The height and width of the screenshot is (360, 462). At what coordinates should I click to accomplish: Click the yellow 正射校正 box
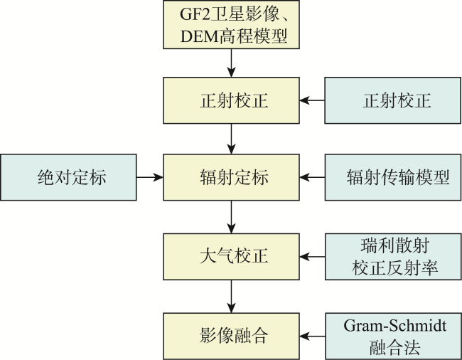point(231,100)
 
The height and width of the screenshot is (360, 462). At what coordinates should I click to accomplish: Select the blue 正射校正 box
point(393,100)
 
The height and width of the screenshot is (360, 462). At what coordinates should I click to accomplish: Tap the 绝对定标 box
point(68,177)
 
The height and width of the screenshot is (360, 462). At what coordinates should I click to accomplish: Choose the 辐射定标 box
point(231,177)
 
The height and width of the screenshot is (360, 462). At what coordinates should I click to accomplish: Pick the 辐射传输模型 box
point(393,177)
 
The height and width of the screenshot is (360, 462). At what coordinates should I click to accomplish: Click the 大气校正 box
point(231,257)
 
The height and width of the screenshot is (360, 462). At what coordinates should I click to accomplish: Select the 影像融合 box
point(231,336)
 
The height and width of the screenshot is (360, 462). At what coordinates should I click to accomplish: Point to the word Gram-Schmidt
point(394,326)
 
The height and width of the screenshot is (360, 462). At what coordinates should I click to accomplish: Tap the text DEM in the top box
point(200,36)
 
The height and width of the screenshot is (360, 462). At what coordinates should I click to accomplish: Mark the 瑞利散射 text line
point(394,245)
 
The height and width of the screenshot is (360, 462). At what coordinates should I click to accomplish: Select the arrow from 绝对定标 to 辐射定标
point(150,177)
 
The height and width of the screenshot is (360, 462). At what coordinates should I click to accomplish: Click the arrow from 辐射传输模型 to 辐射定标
point(312,177)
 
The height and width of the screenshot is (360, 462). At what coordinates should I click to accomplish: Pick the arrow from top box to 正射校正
point(231,63)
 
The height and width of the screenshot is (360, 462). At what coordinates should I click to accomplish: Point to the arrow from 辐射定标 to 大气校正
point(231,217)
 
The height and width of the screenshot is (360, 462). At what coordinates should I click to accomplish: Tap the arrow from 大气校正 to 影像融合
point(231,296)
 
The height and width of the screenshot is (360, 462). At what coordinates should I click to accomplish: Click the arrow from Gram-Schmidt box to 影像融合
point(312,336)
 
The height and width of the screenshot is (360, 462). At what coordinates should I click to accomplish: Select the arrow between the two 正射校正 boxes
point(312,100)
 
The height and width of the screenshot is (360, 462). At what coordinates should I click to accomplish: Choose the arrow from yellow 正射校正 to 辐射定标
point(231,139)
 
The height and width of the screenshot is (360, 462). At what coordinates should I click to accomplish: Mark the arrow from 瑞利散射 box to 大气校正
point(312,257)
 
